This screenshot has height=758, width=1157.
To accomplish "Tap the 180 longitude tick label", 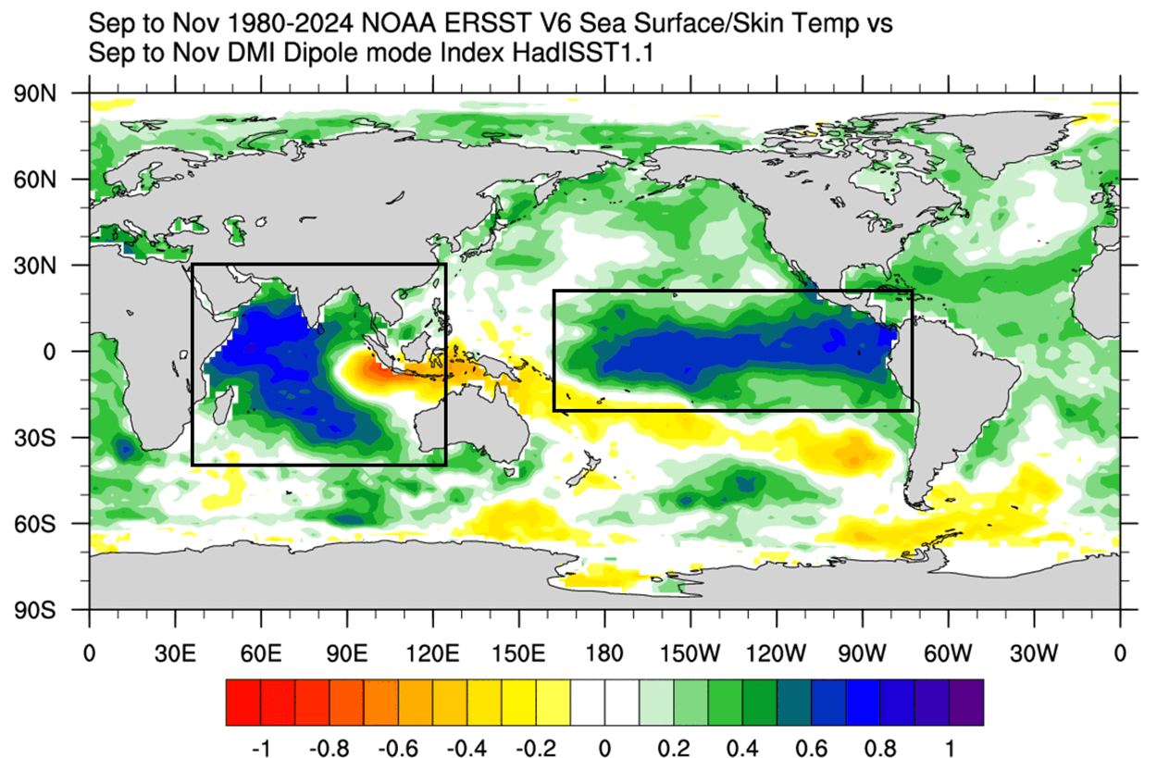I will pyautogui.click(x=604, y=652).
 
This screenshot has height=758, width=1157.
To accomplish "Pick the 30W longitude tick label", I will pyautogui.click(x=1034, y=652).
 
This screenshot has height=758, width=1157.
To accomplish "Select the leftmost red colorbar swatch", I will pyautogui.click(x=243, y=702).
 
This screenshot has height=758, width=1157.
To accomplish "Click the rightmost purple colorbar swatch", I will pyautogui.click(x=965, y=702).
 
